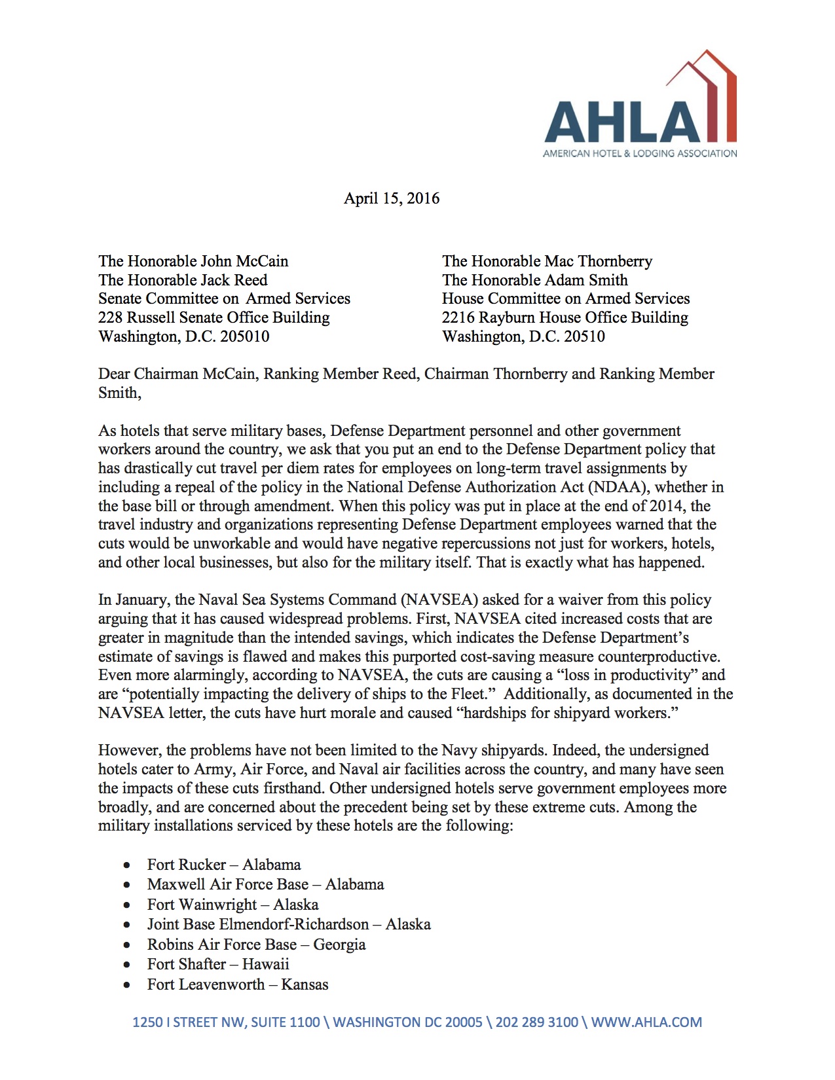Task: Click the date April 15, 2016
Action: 391,198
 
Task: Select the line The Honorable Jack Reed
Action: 183,280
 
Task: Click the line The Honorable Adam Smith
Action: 534,280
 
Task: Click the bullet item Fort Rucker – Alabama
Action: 223,865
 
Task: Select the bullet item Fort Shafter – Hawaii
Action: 217,964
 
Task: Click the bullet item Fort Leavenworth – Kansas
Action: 237,984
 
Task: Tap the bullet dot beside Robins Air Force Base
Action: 127,945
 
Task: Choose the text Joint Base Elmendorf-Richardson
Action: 257,924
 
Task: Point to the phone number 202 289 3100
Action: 536,1022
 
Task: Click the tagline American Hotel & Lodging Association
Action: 640,154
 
